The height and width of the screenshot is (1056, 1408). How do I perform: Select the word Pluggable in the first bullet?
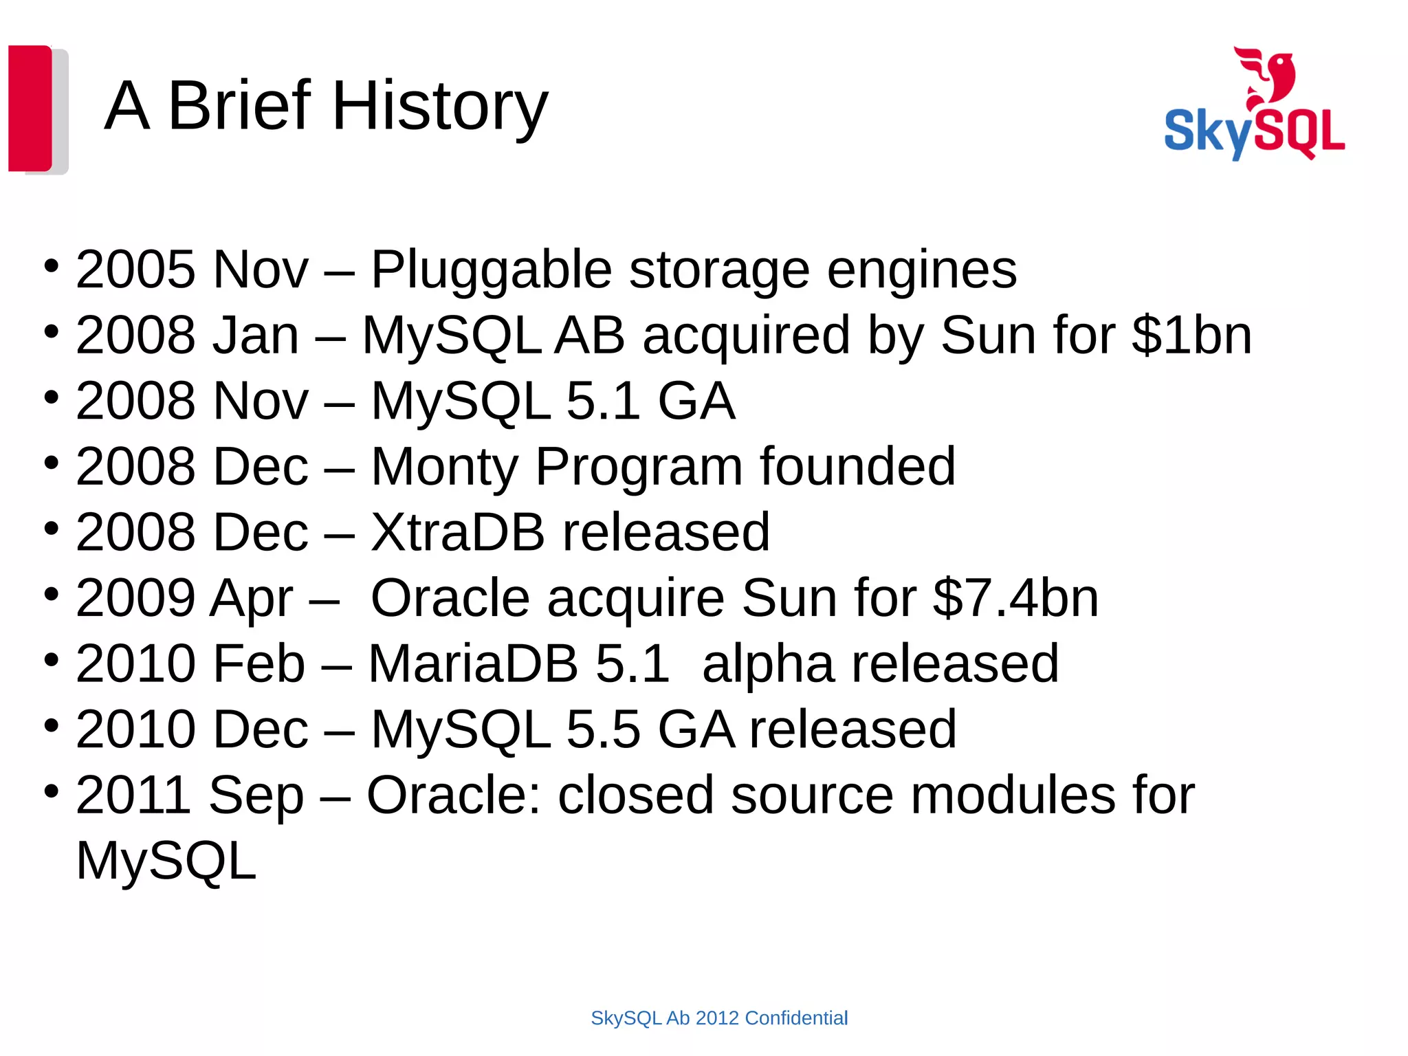click(x=491, y=269)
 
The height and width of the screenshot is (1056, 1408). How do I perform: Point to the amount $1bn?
click(x=1192, y=335)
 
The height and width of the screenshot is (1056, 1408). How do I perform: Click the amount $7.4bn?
click(x=1015, y=598)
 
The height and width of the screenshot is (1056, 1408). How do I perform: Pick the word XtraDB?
click(x=457, y=532)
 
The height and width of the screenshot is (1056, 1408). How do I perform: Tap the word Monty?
click(x=444, y=467)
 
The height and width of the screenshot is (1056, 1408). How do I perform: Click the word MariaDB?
click(x=473, y=663)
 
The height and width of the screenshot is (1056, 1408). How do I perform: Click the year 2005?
click(x=135, y=269)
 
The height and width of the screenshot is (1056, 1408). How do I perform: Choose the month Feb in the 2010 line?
click(x=258, y=663)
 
